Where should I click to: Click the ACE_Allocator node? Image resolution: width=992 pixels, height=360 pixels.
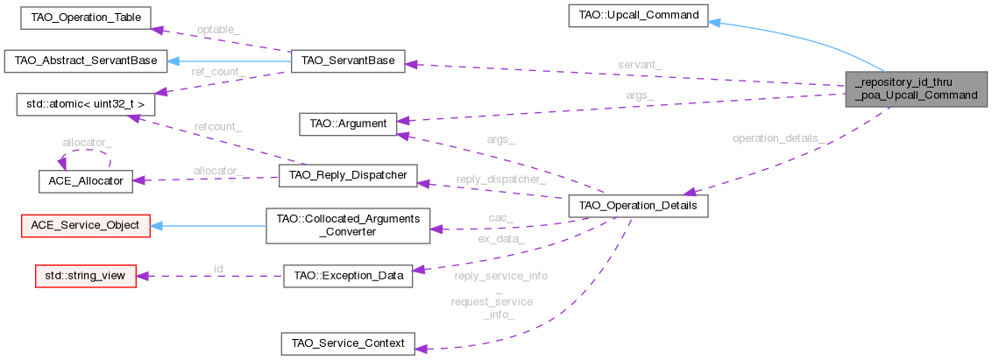(x=85, y=180)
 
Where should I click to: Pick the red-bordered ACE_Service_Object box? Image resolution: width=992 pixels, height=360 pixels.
(x=85, y=225)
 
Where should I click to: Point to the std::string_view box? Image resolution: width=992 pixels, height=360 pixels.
(x=85, y=276)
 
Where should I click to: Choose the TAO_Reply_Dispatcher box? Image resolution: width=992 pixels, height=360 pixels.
(x=347, y=175)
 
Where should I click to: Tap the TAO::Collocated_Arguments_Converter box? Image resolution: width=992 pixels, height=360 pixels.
(x=347, y=225)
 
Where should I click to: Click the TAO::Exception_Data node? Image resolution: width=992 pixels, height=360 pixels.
(x=347, y=276)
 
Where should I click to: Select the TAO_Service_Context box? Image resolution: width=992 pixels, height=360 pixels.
(x=347, y=343)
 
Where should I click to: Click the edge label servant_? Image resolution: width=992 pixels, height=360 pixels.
(x=640, y=65)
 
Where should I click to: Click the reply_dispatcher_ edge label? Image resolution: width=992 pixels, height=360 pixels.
(x=501, y=180)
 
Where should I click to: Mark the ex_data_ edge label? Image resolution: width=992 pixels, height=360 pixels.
(x=501, y=238)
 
